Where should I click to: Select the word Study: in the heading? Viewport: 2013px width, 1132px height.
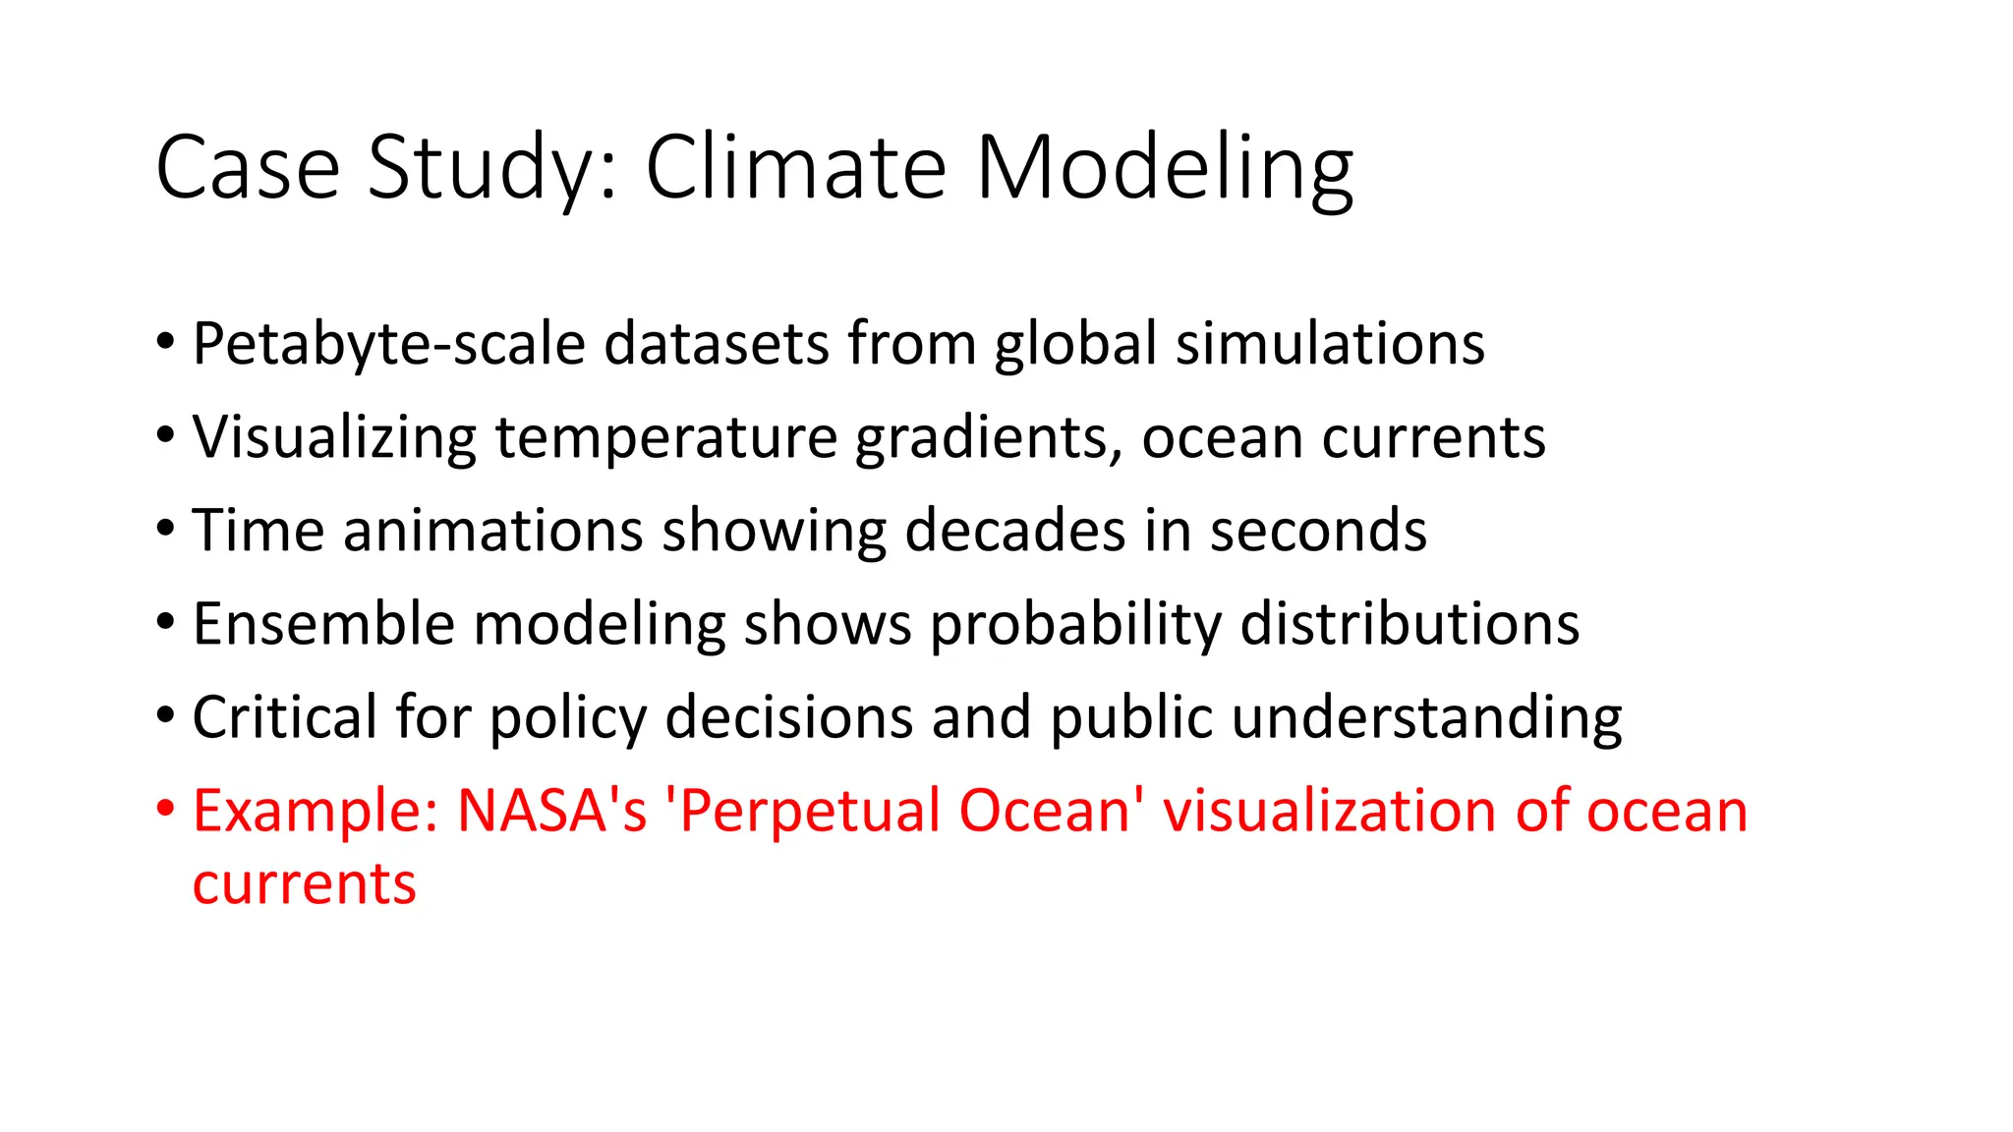[492, 168]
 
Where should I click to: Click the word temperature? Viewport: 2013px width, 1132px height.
[665, 437]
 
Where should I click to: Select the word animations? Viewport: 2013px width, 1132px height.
[492, 531]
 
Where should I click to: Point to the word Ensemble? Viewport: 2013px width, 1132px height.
[323, 624]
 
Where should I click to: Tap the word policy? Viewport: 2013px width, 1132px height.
[568, 717]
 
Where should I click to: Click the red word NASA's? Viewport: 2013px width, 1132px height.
[552, 811]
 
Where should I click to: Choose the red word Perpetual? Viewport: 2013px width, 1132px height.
[806, 811]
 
